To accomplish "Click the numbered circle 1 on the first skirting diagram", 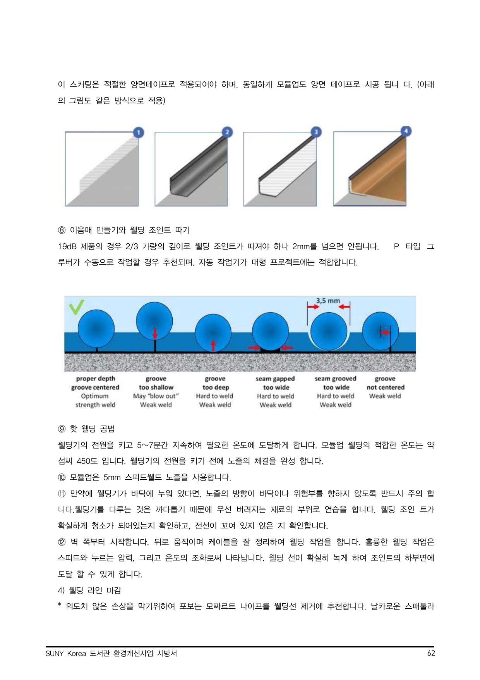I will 139,133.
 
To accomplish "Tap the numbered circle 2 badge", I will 227,132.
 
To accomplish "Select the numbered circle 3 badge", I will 316,132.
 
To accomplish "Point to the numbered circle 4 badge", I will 406,131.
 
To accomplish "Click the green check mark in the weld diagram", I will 76,307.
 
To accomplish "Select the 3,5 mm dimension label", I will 328,301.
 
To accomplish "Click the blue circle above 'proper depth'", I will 96,329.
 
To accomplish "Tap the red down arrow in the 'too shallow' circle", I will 155,332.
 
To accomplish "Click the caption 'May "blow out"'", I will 156,396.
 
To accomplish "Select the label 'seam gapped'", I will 275,379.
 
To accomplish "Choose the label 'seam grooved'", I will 335,379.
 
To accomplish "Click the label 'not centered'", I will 385,387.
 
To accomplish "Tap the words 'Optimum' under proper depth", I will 95,396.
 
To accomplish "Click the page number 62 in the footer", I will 431,653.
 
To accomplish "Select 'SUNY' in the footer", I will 55,653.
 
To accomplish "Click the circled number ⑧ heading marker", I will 62,230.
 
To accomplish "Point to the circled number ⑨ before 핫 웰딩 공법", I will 62,429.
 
